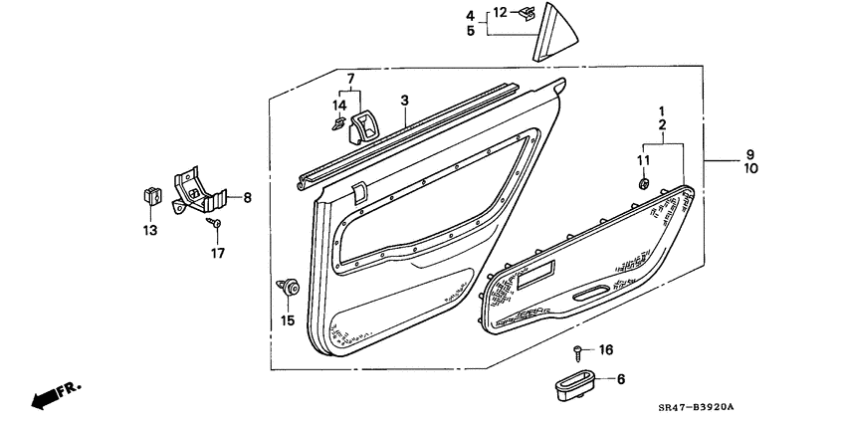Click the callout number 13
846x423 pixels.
[149, 231]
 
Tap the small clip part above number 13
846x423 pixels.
[151, 194]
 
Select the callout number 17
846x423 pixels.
[217, 253]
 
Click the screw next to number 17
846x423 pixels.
[214, 225]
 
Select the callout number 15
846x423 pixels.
[288, 319]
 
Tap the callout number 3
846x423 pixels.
[405, 101]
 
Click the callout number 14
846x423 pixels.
[339, 106]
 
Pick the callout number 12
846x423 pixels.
[500, 12]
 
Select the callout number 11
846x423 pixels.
[643, 159]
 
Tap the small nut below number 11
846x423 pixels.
[643, 183]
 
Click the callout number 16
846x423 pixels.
[606, 349]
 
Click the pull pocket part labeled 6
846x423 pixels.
[574, 384]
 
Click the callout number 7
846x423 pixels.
[349, 78]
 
